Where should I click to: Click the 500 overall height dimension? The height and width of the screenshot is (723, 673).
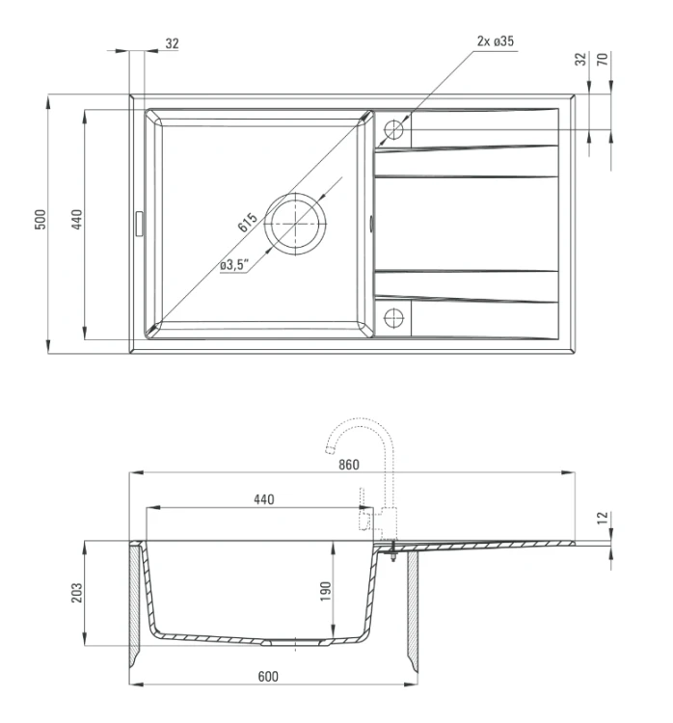(x=40, y=220)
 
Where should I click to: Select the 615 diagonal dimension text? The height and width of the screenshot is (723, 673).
(x=248, y=223)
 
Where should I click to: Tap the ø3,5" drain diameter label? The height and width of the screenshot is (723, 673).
(x=234, y=265)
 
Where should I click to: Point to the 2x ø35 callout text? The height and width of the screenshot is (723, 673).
(x=495, y=41)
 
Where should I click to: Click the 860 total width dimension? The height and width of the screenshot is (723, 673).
(x=349, y=465)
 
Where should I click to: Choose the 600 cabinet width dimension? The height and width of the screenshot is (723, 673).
(x=268, y=677)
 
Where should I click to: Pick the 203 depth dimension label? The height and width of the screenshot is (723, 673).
(x=77, y=593)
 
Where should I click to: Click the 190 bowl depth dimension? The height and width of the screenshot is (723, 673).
(x=326, y=591)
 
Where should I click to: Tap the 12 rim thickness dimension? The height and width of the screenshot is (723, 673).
(x=603, y=518)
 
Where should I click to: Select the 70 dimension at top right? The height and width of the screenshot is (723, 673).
(x=603, y=59)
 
